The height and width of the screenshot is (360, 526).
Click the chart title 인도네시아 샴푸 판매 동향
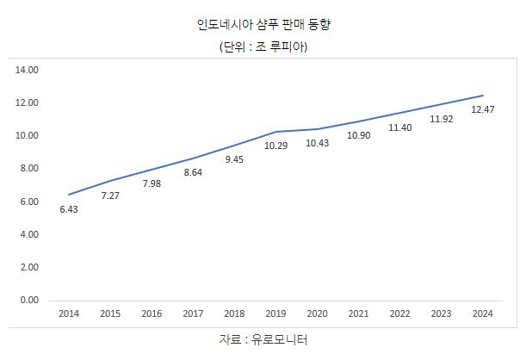(x=263, y=25)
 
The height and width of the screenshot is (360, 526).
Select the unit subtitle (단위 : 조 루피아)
(x=263, y=47)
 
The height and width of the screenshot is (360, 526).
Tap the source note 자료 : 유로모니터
(x=263, y=340)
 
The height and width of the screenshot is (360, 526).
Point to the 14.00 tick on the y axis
(x=29, y=70)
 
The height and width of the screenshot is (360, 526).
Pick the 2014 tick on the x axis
(x=69, y=313)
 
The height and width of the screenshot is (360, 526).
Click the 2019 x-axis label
(x=276, y=313)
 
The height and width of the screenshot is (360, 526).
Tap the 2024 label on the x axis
(x=482, y=313)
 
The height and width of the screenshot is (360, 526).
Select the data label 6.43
(x=69, y=208)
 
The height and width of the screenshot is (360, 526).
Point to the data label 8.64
(x=193, y=172)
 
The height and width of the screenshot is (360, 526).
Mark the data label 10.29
(x=275, y=146)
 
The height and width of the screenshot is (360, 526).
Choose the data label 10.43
(x=317, y=143)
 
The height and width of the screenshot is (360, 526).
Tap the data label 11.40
(x=399, y=127)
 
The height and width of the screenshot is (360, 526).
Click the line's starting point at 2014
(x=69, y=195)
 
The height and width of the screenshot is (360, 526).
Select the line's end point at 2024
(x=482, y=96)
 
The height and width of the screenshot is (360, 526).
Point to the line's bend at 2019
(x=275, y=132)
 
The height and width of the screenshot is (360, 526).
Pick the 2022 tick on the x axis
(x=399, y=313)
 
